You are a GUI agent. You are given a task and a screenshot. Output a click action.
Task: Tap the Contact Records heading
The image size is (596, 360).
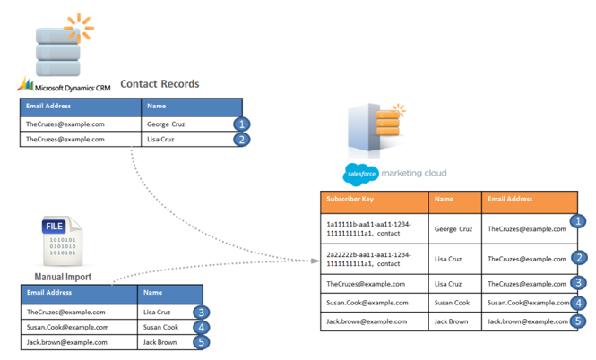point(160,84)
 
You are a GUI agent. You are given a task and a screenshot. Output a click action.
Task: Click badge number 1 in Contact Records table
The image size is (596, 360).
point(240,124)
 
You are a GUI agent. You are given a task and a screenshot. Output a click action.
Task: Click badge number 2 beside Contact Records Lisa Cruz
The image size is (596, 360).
point(240,140)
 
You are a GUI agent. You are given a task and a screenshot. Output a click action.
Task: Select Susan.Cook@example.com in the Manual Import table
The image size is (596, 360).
point(67,327)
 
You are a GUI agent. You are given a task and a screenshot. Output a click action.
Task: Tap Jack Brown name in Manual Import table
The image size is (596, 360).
point(160,342)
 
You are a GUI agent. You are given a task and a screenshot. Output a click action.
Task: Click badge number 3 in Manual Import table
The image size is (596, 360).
point(203,313)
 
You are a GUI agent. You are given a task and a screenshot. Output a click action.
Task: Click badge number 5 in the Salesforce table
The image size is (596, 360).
point(579,321)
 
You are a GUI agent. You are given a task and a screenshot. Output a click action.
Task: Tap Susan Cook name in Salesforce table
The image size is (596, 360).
point(453,304)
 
